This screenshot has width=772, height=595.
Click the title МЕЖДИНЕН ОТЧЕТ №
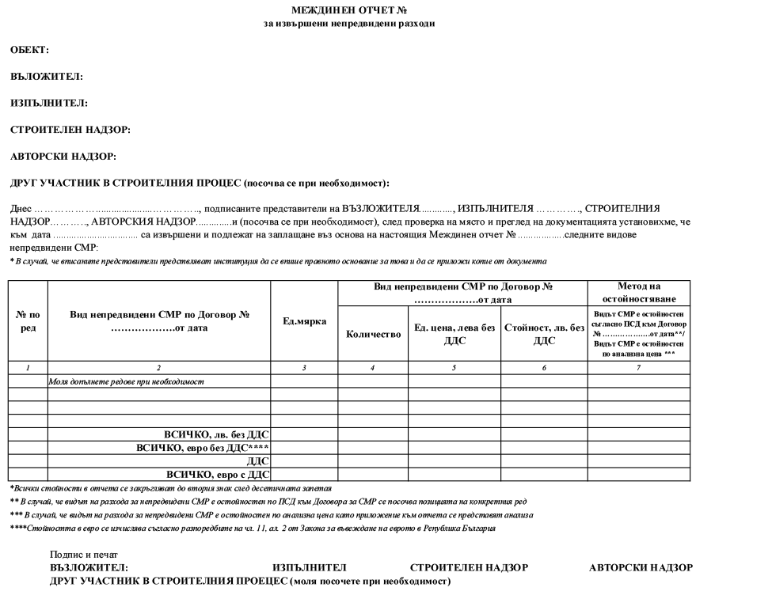click(x=349, y=10)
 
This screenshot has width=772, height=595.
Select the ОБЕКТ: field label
click(x=29, y=50)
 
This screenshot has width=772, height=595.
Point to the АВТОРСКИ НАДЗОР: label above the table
click(x=63, y=156)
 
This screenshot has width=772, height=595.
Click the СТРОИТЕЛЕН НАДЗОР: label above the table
click(x=70, y=130)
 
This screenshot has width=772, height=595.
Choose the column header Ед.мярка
click(x=304, y=321)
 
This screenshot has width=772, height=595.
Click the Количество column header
click(x=374, y=334)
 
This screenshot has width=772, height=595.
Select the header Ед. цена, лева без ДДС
click(x=454, y=334)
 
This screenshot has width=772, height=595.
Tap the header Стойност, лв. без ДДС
click(x=544, y=334)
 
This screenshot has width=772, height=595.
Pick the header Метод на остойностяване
click(x=639, y=292)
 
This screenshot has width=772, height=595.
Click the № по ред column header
click(x=28, y=321)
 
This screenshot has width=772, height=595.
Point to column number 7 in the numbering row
click(x=638, y=368)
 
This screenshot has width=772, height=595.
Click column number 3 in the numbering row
click(x=304, y=368)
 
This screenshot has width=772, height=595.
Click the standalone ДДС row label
click(x=258, y=461)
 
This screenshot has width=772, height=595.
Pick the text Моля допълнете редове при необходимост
click(x=127, y=381)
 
